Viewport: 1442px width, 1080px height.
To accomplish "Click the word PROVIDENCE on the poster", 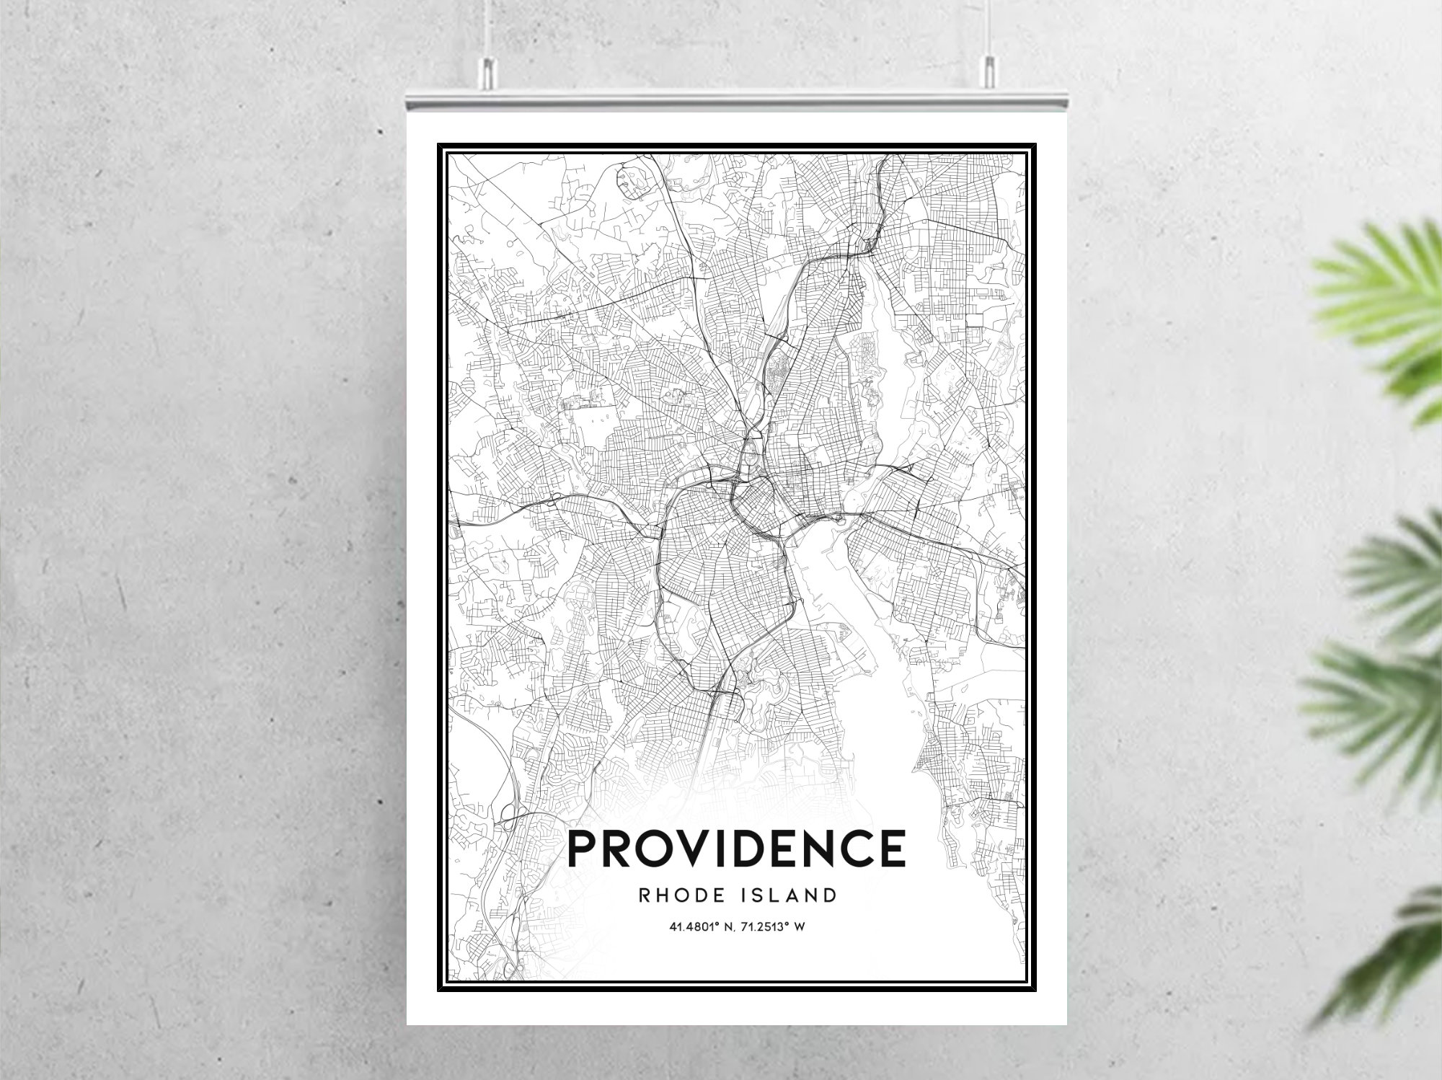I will click(x=736, y=849).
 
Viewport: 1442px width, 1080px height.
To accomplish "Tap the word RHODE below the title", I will click(x=675, y=896).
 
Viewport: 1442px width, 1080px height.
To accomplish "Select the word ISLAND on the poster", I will click(x=789, y=896).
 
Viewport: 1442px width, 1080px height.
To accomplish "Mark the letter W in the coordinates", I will click(x=799, y=927).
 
